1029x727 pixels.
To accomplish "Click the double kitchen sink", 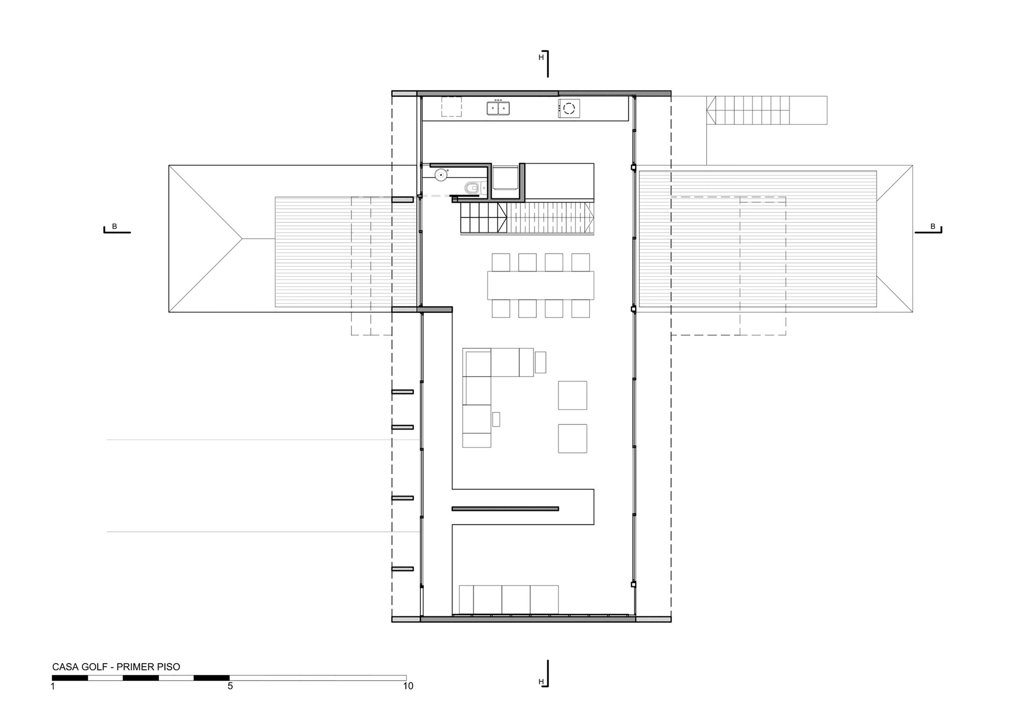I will click(498, 108).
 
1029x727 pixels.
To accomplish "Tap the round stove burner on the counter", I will click(569, 108).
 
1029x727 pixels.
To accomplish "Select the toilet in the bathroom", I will click(472, 189).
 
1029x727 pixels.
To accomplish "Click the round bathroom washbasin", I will click(441, 175).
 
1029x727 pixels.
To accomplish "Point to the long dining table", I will click(540, 285).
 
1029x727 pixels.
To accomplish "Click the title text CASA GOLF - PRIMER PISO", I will click(116, 667).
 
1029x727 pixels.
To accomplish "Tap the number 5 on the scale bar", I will click(230, 686).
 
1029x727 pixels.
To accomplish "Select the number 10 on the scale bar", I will click(407, 686).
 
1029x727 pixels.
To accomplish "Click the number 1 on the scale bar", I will click(52, 686).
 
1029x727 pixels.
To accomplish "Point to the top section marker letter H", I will click(541, 58).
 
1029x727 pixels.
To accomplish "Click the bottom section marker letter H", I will click(541, 682).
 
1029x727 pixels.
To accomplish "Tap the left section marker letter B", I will click(114, 226).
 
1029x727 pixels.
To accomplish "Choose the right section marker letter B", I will click(932, 226).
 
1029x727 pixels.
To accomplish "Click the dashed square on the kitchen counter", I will click(451, 107).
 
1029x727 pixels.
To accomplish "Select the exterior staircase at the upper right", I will click(767, 110).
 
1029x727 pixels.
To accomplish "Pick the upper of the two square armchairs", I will click(572, 395).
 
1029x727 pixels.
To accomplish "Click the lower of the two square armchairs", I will click(572, 438).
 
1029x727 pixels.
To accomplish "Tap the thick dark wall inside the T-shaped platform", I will click(505, 509).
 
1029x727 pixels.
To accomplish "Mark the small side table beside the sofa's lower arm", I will click(496, 419).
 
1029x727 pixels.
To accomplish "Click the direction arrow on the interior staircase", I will click(502, 218).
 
